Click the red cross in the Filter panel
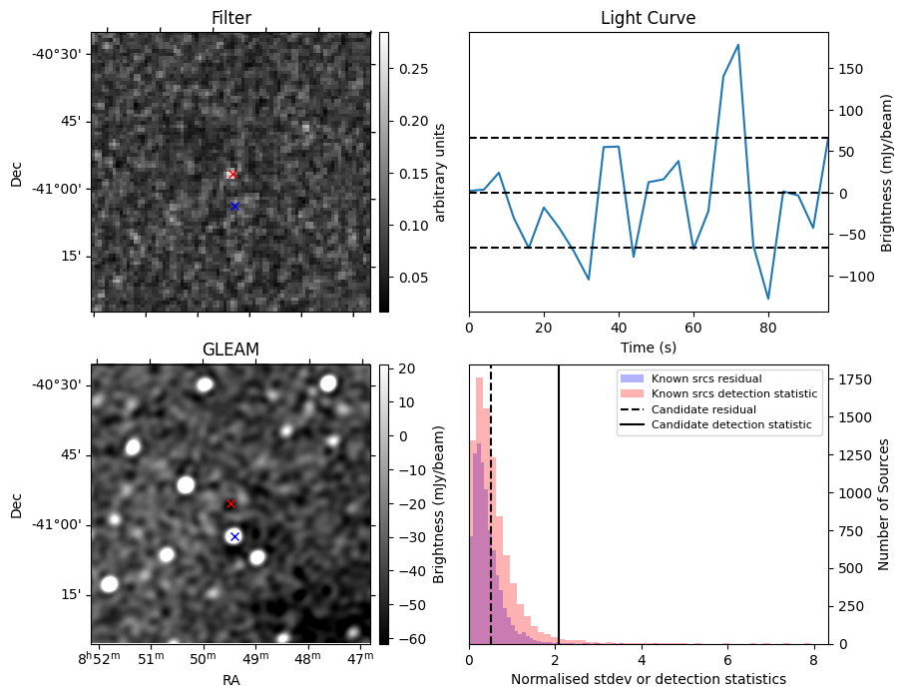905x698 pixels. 232,175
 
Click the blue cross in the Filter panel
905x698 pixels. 234,207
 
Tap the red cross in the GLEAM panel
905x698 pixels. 230,504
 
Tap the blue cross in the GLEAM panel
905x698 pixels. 234,537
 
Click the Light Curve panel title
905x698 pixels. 648,19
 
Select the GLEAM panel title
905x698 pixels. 230,349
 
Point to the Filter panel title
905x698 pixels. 230,19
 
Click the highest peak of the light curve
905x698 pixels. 737,45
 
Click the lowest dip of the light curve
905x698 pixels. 767,299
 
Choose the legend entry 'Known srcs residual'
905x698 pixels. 706,379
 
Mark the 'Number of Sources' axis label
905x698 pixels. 884,504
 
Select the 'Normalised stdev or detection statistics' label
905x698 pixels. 648,679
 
